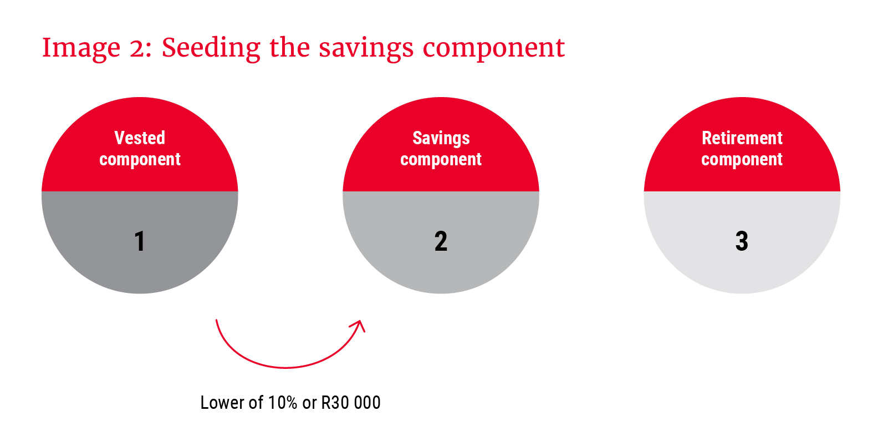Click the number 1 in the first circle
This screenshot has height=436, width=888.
(x=140, y=241)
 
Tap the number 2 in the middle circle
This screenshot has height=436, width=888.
(x=441, y=241)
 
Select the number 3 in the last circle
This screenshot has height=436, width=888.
(x=742, y=241)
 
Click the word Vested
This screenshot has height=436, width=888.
(x=140, y=138)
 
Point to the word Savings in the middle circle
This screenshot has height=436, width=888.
(x=441, y=139)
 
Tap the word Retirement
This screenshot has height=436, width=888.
(x=742, y=138)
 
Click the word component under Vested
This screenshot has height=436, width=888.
(x=140, y=160)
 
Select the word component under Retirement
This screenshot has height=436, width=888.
(x=742, y=160)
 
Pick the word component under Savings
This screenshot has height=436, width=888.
(x=441, y=160)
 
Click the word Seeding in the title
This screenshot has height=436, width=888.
(x=211, y=47)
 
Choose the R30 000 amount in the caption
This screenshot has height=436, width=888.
(x=351, y=402)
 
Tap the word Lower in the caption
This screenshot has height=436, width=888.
(x=222, y=402)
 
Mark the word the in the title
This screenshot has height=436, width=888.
(x=289, y=47)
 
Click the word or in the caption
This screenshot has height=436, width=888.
(x=309, y=404)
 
